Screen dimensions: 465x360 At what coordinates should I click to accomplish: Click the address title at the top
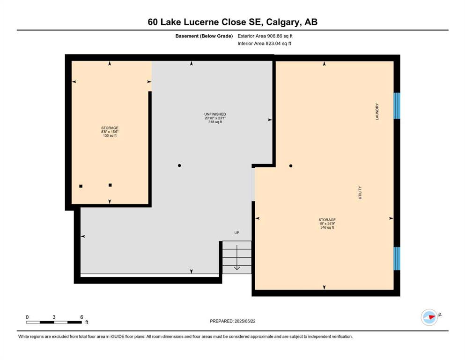(x=232, y=22)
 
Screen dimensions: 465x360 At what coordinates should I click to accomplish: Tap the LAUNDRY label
(x=377, y=112)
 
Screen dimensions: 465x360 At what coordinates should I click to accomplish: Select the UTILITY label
(x=360, y=193)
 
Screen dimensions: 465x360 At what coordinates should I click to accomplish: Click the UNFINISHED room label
(x=215, y=114)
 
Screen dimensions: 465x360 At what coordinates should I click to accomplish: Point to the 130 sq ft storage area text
(x=110, y=135)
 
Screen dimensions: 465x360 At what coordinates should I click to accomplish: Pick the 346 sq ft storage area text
(x=327, y=228)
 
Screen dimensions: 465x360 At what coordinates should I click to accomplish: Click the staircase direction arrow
(x=236, y=258)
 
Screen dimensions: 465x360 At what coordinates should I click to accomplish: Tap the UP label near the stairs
(x=236, y=232)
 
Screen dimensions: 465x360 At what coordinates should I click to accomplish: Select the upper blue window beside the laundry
(x=397, y=105)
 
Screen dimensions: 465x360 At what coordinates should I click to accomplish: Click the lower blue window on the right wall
(x=397, y=258)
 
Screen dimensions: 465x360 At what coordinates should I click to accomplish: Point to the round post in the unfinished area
(x=179, y=165)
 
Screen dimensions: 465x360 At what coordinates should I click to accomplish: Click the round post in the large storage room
(x=291, y=166)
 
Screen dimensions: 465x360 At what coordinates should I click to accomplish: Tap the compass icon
(x=429, y=317)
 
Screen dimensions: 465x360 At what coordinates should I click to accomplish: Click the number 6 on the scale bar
(x=81, y=317)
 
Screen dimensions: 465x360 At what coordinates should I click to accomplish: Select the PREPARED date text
(x=232, y=321)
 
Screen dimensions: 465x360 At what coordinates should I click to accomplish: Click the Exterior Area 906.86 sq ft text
(x=265, y=36)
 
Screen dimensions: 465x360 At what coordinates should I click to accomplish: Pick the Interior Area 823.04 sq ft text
(x=264, y=43)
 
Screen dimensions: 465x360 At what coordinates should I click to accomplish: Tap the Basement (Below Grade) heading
(x=204, y=36)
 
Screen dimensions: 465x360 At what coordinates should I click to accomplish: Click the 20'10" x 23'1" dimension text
(x=215, y=118)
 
